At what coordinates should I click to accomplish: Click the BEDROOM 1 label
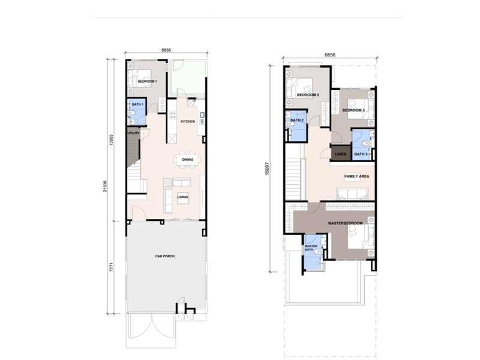tap(147, 82)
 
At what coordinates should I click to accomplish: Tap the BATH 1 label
tap(137, 104)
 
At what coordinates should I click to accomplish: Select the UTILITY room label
tap(133, 133)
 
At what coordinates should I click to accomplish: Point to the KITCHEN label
tap(188, 122)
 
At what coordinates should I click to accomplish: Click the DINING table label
tap(188, 160)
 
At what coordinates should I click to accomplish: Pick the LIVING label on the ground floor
tap(183, 197)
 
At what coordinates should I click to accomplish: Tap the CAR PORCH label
tap(164, 256)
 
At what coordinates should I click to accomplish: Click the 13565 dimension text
tap(111, 140)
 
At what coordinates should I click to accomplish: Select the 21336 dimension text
tap(105, 186)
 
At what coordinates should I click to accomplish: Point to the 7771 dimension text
tap(111, 267)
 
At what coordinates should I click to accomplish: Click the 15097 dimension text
tap(267, 169)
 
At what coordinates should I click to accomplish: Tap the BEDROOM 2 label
tap(308, 95)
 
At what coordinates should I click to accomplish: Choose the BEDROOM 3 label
tap(353, 110)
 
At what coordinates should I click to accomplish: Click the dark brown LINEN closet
tap(340, 152)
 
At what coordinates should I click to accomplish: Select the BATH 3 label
tap(361, 154)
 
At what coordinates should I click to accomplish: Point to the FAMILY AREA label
tap(356, 176)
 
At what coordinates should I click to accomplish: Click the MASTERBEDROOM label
tap(346, 223)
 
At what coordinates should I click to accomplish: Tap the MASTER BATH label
tap(311, 248)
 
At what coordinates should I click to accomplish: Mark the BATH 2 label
tap(297, 121)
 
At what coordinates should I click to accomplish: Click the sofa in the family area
tap(352, 194)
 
